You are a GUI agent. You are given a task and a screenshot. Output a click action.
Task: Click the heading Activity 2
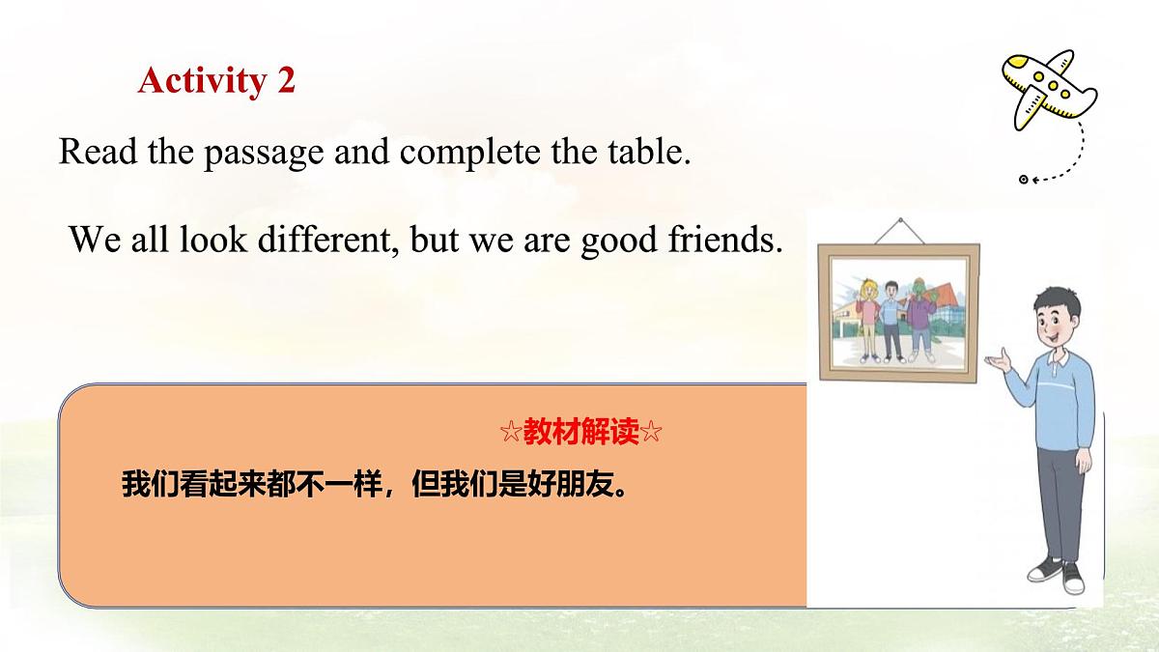tap(216, 80)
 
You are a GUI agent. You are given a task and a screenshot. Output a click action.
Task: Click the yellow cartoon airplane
tap(1047, 89)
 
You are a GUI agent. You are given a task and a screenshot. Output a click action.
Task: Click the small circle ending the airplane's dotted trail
tap(1023, 180)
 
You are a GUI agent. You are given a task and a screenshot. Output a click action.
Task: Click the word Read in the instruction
tap(93, 153)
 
